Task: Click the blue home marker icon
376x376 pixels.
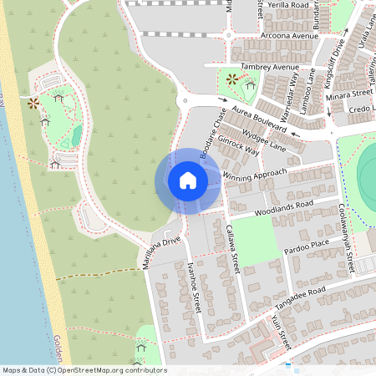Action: click(x=188, y=180)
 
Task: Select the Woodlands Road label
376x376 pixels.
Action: click(x=285, y=207)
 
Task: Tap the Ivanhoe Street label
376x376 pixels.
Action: click(x=195, y=288)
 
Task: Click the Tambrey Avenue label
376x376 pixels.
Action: click(x=268, y=67)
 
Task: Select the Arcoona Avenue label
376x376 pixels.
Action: click(x=290, y=37)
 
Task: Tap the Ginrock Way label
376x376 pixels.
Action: click(x=238, y=147)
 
